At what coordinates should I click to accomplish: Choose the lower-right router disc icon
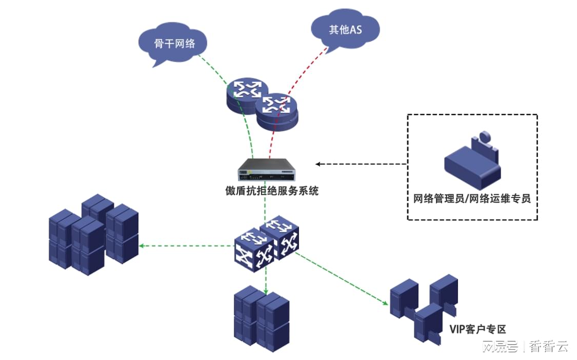(x=277, y=111)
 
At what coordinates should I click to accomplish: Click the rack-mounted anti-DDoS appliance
(x=267, y=169)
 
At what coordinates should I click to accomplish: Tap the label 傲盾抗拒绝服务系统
(x=272, y=191)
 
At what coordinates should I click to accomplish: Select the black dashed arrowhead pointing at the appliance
(x=319, y=164)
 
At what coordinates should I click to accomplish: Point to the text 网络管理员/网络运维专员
(x=472, y=199)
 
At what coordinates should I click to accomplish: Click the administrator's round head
(x=485, y=136)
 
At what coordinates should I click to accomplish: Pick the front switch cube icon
(x=254, y=250)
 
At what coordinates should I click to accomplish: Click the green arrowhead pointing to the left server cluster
(x=142, y=246)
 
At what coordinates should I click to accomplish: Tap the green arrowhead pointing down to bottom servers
(x=266, y=291)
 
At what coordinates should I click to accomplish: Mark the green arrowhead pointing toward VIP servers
(x=385, y=303)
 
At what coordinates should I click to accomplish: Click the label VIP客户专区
(x=477, y=329)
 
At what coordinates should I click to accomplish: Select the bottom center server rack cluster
(x=262, y=318)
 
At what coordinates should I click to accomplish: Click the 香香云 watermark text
(x=548, y=347)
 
